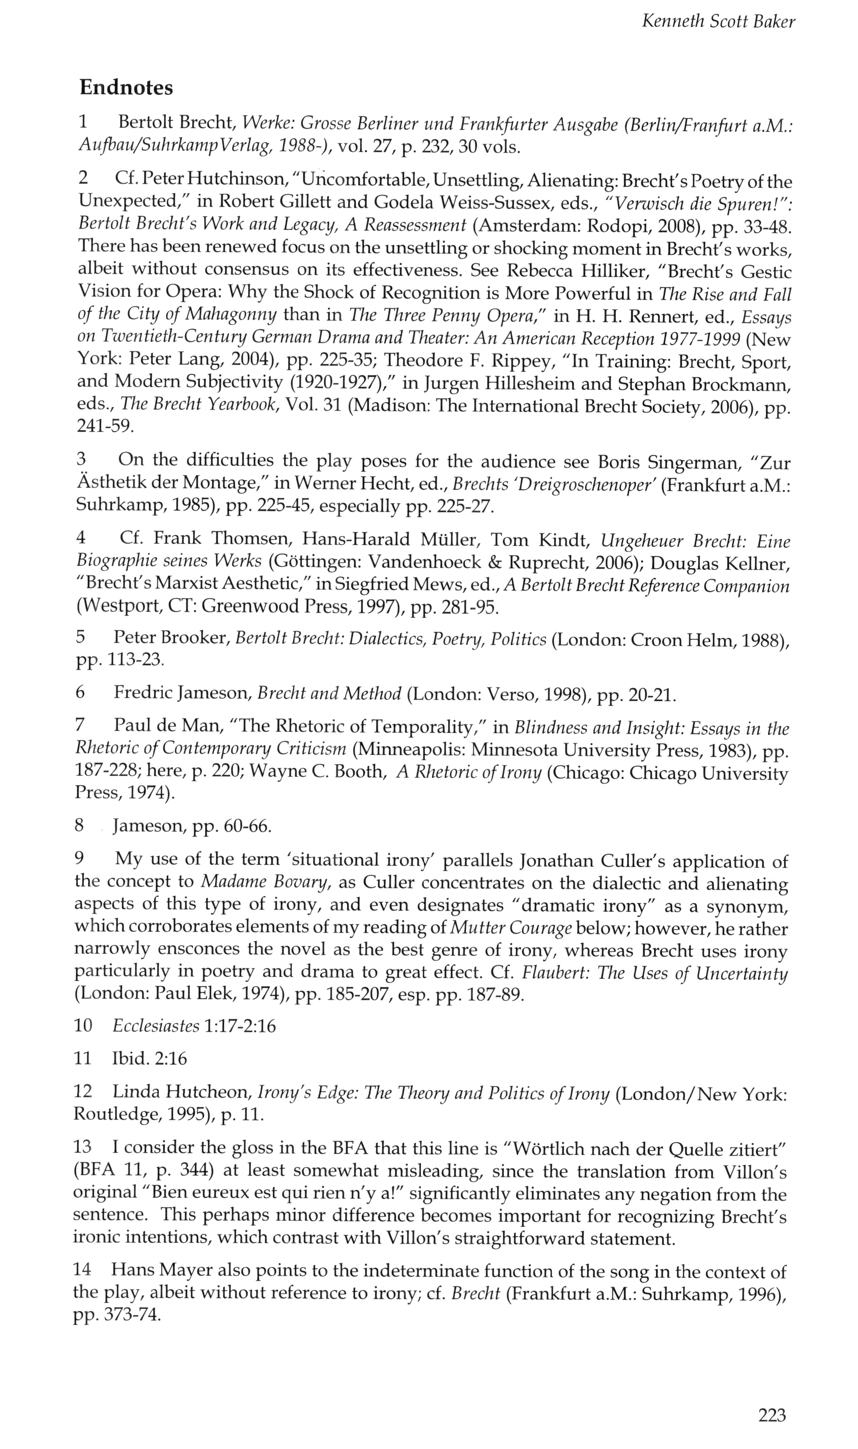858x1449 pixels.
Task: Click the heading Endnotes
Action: pyautogui.click(x=126, y=88)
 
